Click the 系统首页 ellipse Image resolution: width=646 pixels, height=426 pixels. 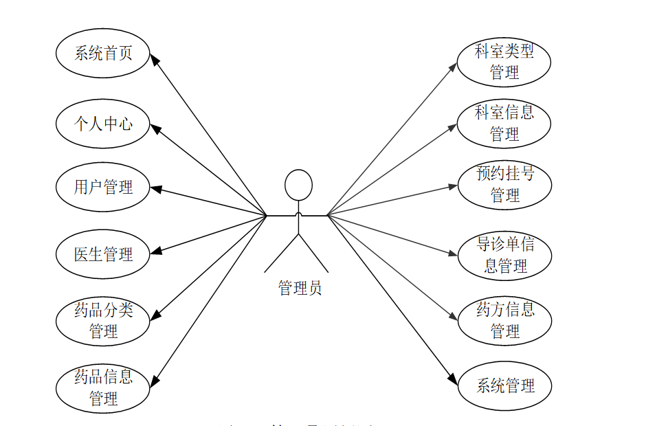point(102,53)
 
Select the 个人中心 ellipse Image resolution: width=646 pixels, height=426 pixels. point(102,124)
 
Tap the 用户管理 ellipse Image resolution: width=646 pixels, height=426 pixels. point(102,187)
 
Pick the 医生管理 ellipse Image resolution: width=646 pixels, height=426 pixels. point(102,254)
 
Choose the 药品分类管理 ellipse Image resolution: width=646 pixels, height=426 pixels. point(102,321)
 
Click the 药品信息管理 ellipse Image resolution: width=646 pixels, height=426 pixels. point(102,388)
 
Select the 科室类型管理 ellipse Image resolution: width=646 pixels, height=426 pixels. point(504,61)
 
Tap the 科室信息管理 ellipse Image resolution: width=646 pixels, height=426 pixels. point(504,124)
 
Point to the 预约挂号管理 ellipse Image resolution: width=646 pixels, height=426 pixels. point(504,184)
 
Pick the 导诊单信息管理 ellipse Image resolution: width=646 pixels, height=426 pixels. point(504,255)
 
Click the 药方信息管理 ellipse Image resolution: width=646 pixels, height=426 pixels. point(504,320)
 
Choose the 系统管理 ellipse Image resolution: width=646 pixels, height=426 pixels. point(504,386)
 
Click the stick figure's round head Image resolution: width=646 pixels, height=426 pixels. point(298,184)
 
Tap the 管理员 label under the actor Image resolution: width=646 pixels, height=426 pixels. point(300,288)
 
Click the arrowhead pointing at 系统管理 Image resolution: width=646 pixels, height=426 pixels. point(453,380)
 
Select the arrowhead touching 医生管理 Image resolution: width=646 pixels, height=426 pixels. point(155,251)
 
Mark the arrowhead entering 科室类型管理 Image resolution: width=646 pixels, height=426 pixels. point(453,67)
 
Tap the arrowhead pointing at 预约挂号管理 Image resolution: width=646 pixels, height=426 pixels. point(454,186)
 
